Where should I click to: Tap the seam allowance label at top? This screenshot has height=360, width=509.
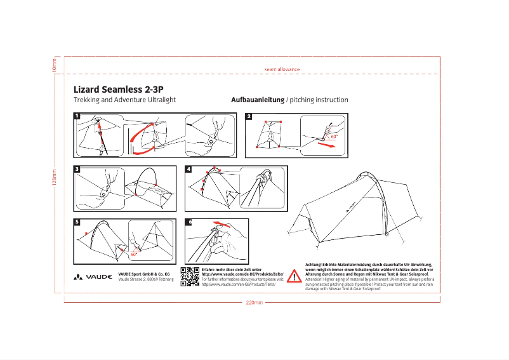click(x=281, y=69)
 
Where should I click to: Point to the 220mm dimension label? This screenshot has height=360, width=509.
click(x=254, y=302)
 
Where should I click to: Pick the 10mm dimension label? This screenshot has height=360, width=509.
click(x=55, y=64)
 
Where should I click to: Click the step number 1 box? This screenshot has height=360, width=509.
click(x=76, y=116)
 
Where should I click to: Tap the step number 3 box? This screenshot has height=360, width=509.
click(x=76, y=170)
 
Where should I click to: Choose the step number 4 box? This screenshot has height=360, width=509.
click(x=188, y=170)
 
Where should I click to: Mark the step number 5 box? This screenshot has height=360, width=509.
click(x=76, y=222)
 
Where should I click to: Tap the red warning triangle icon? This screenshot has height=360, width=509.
click(x=294, y=276)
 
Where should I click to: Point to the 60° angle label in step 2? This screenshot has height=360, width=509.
click(x=334, y=136)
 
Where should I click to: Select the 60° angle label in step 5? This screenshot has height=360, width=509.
click(x=133, y=253)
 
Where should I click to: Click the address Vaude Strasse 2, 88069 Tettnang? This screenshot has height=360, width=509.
click(x=146, y=279)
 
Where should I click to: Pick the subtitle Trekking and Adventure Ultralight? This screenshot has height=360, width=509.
click(x=124, y=100)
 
